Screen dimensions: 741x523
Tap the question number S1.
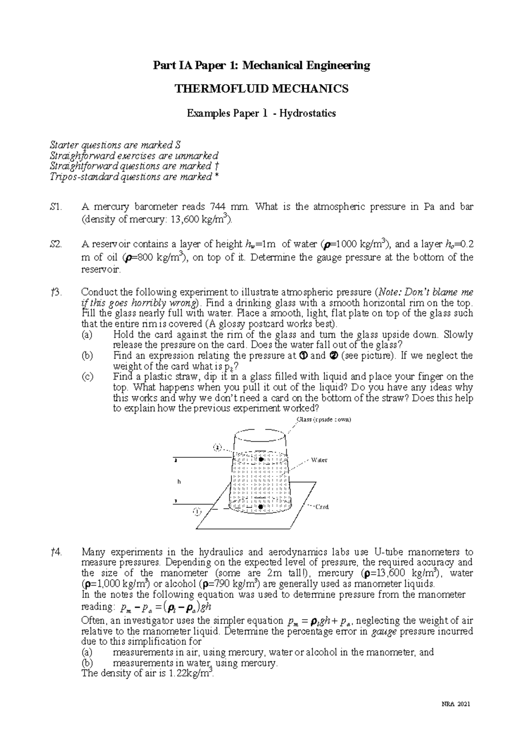click(x=56, y=207)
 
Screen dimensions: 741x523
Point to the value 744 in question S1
click(x=217, y=207)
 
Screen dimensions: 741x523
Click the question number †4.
click(x=56, y=552)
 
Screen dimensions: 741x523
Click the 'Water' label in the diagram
click(x=319, y=460)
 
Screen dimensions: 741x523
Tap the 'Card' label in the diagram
click(x=322, y=507)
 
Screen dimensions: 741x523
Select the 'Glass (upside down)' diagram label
click(x=323, y=420)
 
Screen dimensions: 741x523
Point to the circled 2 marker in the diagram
click(x=218, y=447)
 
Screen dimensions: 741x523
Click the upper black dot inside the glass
click(x=261, y=460)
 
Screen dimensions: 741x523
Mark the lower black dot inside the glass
click(x=260, y=507)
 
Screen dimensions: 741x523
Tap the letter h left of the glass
click(x=179, y=482)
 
